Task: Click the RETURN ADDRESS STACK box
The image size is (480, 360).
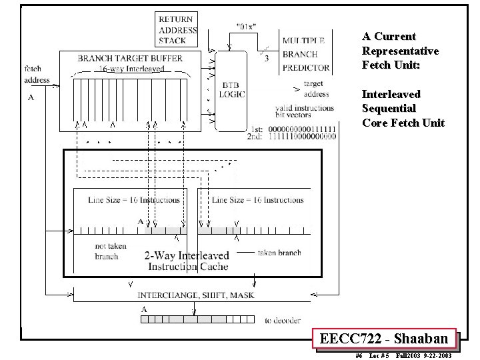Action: pos(177,30)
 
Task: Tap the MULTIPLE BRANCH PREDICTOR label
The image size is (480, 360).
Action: pos(305,54)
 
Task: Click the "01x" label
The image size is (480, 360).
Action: pos(247,27)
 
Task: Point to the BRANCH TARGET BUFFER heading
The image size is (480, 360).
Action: pos(130,59)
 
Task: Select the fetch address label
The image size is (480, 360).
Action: pos(37,75)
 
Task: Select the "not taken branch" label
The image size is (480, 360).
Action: pos(107,251)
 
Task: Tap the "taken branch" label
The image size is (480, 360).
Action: pos(279,253)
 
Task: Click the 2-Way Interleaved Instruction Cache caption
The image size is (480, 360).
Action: pos(187,261)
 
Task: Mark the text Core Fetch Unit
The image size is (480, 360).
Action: pos(403,123)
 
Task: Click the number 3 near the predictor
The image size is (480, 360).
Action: pos(267,59)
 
